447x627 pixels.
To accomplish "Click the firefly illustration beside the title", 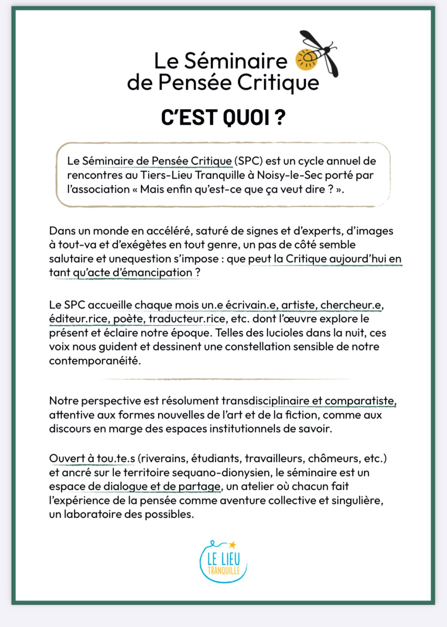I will click(x=318, y=54).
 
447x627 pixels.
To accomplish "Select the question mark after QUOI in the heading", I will click(x=280, y=118).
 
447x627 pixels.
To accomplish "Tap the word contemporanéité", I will click(x=95, y=361).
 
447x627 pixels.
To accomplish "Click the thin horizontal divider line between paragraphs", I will click(x=226, y=379).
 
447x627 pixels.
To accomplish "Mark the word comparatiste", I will click(x=360, y=401).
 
